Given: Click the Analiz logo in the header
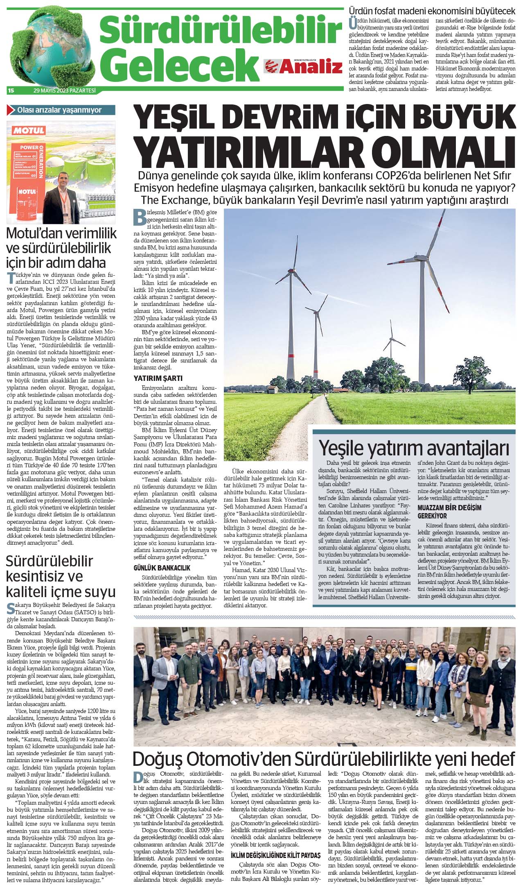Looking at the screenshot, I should [x=304, y=66].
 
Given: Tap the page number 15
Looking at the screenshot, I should [x=11, y=91].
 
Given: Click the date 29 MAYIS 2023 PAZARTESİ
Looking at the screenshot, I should [x=65, y=91].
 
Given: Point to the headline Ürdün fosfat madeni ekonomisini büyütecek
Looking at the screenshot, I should [x=432, y=11].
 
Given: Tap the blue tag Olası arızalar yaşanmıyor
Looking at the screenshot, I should [x=61, y=110].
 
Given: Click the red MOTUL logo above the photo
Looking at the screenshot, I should [x=28, y=131].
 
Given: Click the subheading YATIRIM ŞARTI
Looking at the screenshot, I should [x=158, y=378].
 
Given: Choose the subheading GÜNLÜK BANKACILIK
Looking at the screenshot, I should [x=162, y=568].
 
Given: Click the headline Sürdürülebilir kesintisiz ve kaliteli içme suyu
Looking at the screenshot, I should [x=60, y=576].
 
